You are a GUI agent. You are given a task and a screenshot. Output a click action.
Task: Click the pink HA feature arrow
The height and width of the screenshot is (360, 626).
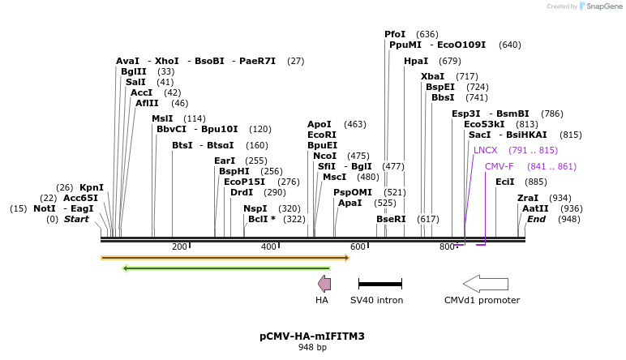(x=324, y=283)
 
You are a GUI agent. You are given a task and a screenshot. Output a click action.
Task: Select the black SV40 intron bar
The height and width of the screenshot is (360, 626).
(x=379, y=284)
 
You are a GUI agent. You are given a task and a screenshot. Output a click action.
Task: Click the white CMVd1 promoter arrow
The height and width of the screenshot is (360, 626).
(x=485, y=283)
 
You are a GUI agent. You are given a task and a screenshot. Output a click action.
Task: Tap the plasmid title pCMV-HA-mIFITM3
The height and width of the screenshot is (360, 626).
(x=312, y=336)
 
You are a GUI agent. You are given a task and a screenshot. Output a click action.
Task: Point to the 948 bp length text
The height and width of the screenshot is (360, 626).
(x=312, y=348)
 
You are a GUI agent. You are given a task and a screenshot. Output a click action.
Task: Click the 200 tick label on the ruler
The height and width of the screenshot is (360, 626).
(x=179, y=246)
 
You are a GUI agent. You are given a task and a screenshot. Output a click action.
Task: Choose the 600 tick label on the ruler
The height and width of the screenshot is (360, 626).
(x=358, y=246)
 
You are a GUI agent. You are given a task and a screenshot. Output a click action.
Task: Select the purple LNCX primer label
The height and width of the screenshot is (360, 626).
(x=485, y=150)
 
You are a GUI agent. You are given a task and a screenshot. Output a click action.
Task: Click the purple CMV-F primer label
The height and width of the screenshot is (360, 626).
(x=499, y=166)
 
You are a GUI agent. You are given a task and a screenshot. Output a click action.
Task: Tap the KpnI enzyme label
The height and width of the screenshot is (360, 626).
(x=91, y=187)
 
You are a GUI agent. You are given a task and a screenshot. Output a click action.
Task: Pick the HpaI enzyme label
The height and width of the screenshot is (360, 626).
(x=416, y=61)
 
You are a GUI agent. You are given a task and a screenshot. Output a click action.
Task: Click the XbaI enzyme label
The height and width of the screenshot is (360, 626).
(x=432, y=76)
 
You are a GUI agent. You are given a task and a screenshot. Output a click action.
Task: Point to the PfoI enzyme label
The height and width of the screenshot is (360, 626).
(x=395, y=34)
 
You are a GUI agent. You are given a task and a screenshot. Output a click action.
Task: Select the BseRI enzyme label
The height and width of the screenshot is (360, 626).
(x=391, y=219)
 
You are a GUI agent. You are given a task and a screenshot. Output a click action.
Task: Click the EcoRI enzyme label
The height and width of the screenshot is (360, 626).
(x=322, y=135)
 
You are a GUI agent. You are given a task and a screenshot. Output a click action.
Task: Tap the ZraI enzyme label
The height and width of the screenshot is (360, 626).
(x=528, y=198)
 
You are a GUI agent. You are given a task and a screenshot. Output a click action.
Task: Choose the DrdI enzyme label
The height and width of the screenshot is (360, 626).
(x=242, y=192)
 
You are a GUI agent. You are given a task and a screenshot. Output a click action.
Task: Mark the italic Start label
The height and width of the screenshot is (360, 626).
(x=76, y=219)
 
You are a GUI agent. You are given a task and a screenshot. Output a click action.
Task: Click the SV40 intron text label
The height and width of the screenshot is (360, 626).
(x=376, y=300)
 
